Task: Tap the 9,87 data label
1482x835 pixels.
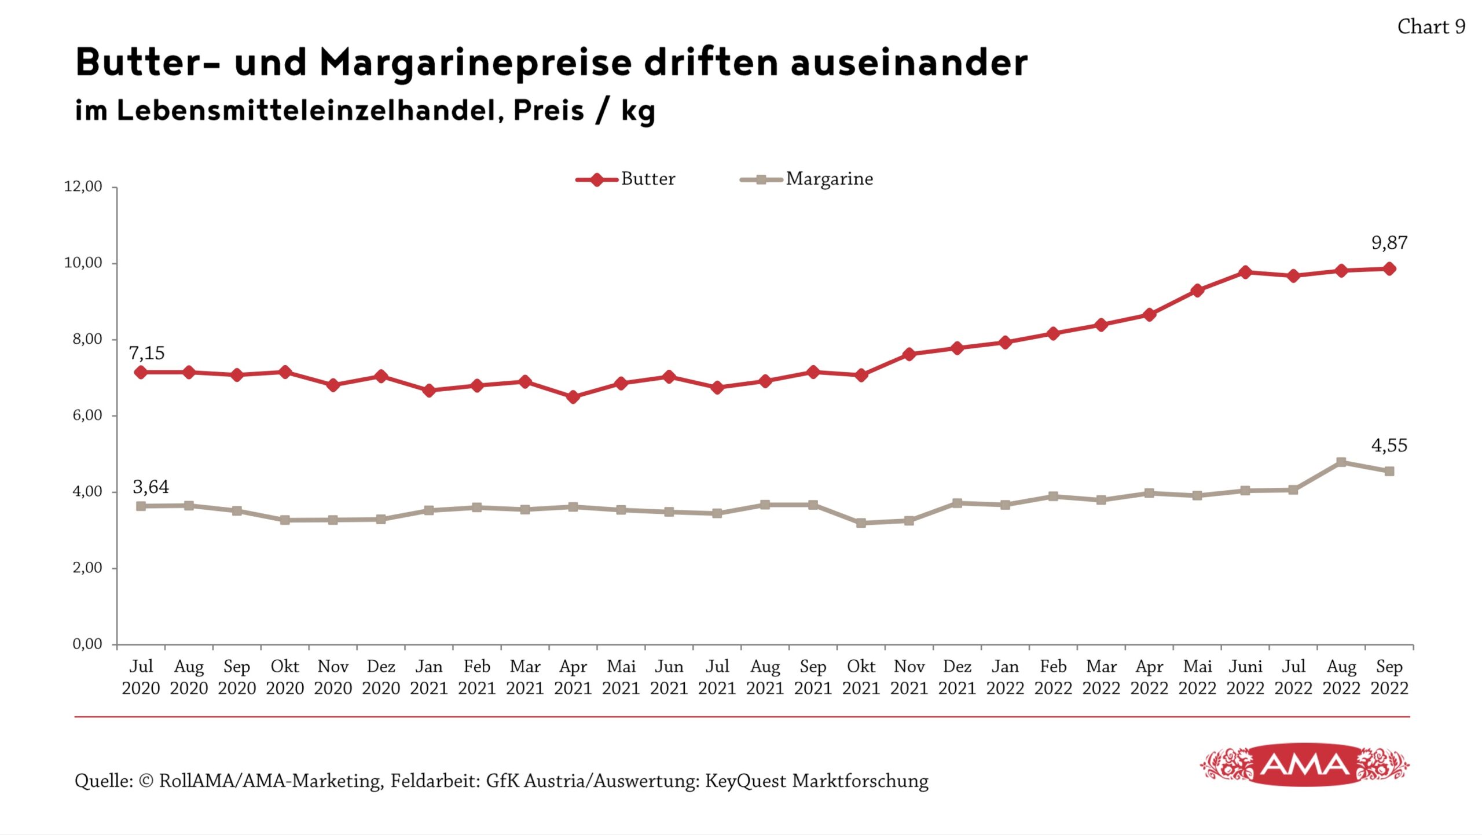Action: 1389,242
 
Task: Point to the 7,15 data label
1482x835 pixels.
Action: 146,352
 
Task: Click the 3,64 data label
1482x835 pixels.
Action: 151,487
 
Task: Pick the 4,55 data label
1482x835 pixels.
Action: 1389,445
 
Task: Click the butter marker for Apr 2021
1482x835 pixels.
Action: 573,397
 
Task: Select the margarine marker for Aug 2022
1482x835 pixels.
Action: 1341,462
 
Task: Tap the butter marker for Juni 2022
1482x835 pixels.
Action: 1245,272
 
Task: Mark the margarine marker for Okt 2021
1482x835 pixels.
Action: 861,523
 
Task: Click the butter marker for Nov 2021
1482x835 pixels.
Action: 909,354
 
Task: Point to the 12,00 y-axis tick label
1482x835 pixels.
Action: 83,186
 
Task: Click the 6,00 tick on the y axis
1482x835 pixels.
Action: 87,415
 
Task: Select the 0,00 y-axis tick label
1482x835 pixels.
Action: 87,643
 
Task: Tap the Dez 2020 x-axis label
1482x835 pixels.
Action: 381,677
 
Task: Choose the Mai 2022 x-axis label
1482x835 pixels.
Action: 1197,677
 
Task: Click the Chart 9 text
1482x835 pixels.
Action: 1431,27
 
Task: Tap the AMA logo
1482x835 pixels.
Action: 1304,765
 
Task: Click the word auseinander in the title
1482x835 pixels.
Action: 909,62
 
